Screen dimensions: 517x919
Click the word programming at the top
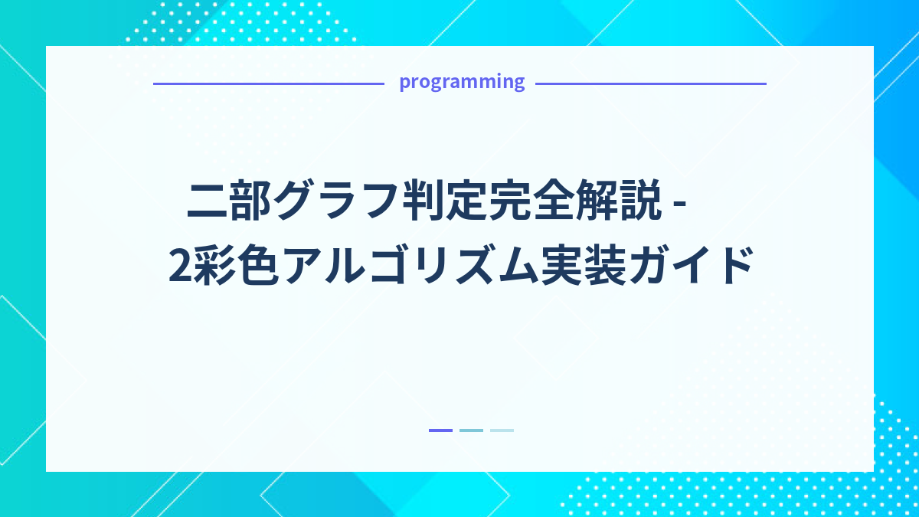click(462, 82)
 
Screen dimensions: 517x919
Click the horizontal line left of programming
click(268, 83)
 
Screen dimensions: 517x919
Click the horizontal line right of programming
click(650, 83)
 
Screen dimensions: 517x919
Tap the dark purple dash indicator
click(440, 430)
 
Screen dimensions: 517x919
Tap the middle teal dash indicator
click(471, 430)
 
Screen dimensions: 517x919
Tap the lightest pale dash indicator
click(502, 430)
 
